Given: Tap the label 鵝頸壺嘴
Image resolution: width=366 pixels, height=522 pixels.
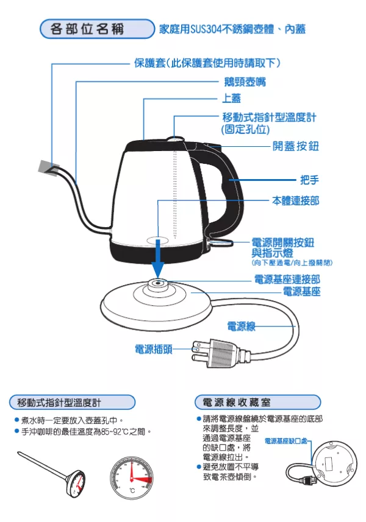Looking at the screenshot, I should (244, 81).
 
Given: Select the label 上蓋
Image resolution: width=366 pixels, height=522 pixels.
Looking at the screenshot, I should (231, 98).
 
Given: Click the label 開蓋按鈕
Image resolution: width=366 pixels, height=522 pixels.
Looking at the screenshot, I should (295, 147).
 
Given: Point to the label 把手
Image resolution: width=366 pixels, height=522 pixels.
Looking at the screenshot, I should (309, 180).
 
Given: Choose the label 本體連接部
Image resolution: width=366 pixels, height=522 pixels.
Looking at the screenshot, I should (295, 200).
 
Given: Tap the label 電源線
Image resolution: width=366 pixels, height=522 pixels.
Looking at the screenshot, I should (241, 326).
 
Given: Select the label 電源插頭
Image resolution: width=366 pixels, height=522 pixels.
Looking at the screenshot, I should (153, 349).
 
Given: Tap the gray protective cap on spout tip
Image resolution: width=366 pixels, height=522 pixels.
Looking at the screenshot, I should (47, 166).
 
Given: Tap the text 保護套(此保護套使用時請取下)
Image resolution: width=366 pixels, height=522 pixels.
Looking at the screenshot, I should (207, 63).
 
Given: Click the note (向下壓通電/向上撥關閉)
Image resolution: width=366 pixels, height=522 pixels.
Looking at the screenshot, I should (292, 263).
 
